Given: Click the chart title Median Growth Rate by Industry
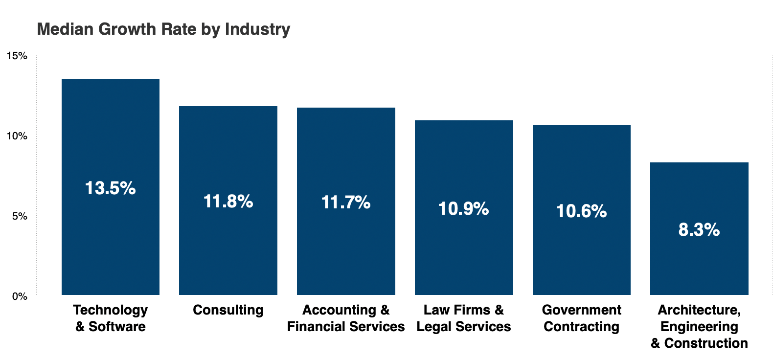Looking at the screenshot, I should pos(163,29).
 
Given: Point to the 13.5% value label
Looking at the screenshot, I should pos(111,188).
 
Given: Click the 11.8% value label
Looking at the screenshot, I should pos(228,202).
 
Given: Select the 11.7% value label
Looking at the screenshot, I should pos(346,202).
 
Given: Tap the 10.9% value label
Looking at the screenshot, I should pos(464,209).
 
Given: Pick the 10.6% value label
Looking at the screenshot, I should pos(582,211).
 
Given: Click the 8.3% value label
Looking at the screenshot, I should pos(699,230).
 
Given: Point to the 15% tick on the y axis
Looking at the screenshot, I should pos(17,56).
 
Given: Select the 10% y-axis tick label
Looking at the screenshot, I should pos(17,136).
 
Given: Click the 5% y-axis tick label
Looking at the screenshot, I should pos(20,216).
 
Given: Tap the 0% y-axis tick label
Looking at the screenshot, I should pos(20,296).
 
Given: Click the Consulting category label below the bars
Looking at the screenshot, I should pos(228,310).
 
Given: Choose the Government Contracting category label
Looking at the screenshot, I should pos(582,318).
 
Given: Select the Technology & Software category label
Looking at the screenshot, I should pos(111,318).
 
